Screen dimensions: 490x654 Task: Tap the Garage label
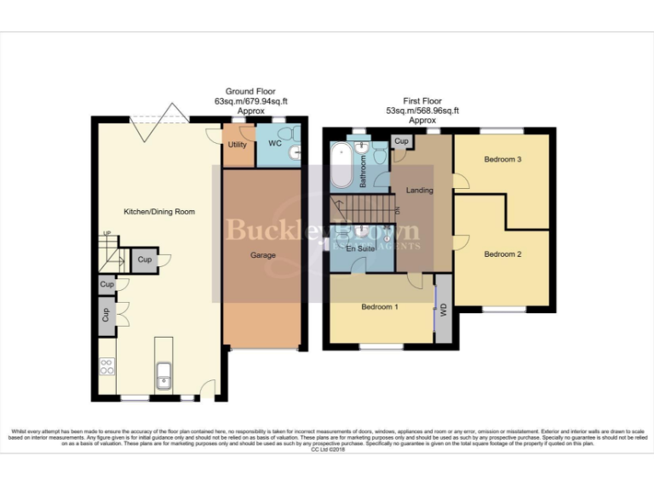tap(262, 254)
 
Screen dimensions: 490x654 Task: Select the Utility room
tap(238, 145)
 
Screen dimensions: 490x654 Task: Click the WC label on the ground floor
tap(275, 144)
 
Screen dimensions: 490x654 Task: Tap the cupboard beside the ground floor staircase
tap(144, 259)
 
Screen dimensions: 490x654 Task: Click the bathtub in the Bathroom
tap(341, 167)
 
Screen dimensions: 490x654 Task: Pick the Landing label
tap(419, 191)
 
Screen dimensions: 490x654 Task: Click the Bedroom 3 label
tap(502, 159)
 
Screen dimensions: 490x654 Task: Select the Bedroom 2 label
tap(502, 254)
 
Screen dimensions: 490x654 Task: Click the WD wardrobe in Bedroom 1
tap(443, 310)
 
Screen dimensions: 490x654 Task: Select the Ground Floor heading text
tap(246, 91)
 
